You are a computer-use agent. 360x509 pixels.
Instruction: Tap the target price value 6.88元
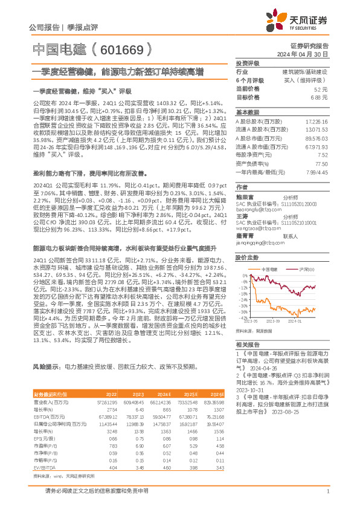tap(319, 97)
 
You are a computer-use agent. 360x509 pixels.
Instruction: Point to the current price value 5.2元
tap(321, 88)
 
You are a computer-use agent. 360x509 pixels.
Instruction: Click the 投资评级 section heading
tap(247, 63)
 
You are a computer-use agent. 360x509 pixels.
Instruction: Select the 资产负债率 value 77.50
tap(321, 164)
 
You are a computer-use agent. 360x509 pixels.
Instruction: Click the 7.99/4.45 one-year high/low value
tap(317, 172)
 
